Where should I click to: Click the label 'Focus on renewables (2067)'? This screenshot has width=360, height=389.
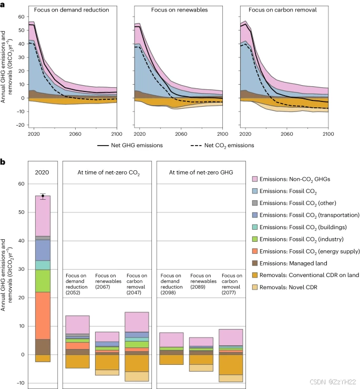[107, 281]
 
